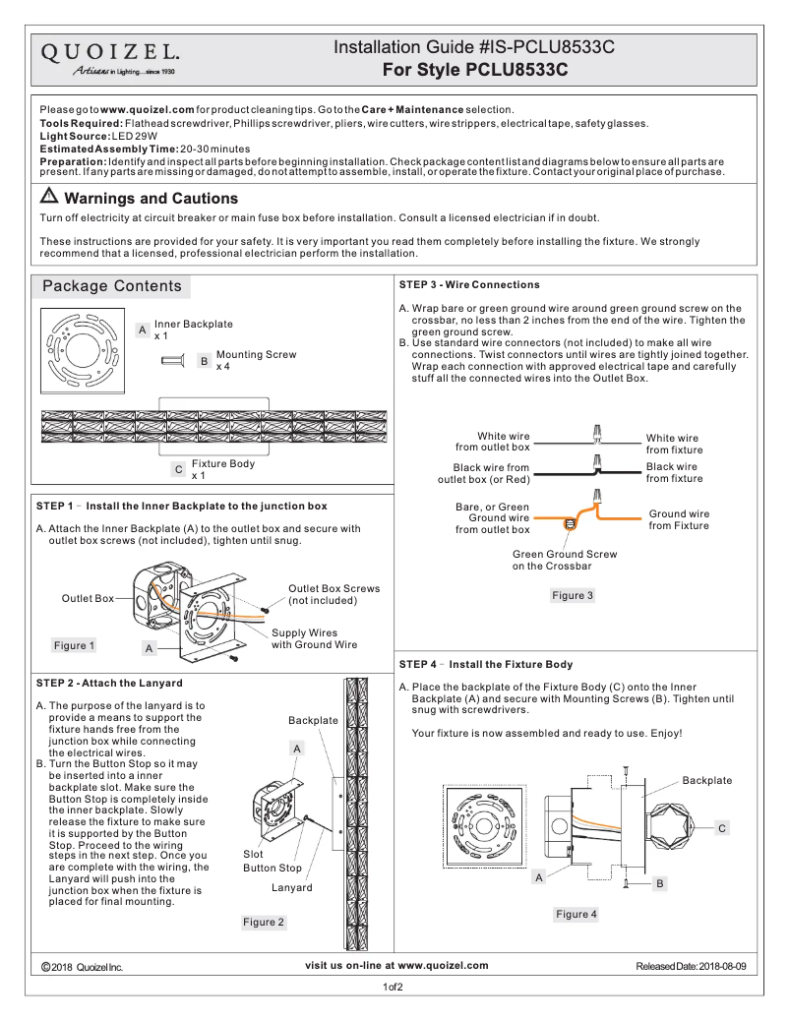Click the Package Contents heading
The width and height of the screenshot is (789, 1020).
point(111,286)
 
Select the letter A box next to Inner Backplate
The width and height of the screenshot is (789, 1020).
point(143,330)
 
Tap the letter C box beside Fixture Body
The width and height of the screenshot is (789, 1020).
point(177,470)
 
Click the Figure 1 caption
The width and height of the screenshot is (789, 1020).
point(75,646)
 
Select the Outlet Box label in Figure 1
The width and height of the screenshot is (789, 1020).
point(88,598)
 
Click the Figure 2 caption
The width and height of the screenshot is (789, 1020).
point(264,922)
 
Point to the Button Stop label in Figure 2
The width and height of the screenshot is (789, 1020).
point(273,869)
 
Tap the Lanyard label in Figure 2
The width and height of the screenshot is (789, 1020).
point(291,888)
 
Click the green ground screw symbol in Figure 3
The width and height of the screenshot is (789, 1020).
point(569,524)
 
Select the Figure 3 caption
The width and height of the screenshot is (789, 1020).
point(572,595)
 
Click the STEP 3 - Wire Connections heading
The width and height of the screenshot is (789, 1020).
point(469,285)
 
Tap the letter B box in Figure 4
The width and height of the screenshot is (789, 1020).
point(660,883)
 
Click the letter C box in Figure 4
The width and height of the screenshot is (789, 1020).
point(721,829)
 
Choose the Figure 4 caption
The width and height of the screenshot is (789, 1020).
point(576,915)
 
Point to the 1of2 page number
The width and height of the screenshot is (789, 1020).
point(394,987)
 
